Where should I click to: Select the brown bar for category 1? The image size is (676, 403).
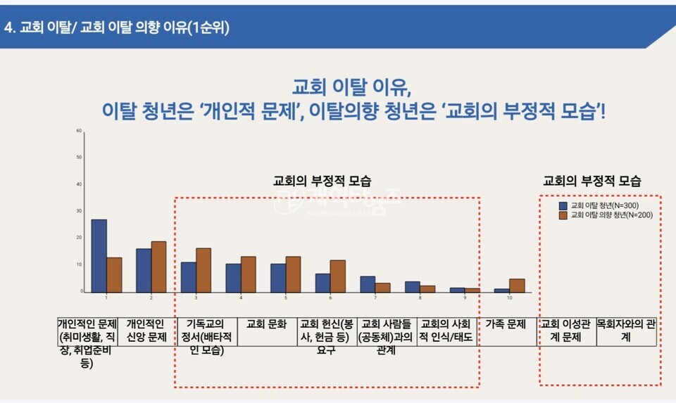[x=114, y=274]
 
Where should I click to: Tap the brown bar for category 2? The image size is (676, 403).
[x=159, y=267]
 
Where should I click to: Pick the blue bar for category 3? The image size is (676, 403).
[x=188, y=277]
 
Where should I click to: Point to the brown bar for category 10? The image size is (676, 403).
[x=517, y=285]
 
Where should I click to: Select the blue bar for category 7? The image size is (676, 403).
[x=368, y=284]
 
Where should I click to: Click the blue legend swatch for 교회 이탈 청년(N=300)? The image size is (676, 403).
[x=563, y=206]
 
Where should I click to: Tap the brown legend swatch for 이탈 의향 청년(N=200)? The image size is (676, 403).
[x=563, y=215]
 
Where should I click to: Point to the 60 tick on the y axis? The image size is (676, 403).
[x=80, y=131]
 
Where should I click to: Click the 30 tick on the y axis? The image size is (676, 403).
[x=80, y=211]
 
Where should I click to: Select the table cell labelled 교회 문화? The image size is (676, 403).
[x=267, y=325]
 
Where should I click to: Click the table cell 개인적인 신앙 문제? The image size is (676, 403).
[x=146, y=331]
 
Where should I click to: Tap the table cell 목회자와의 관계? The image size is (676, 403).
[x=626, y=331]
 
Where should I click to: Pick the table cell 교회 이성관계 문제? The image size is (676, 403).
[x=567, y=331]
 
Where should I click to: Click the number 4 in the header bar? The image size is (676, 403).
[x=8, y=27]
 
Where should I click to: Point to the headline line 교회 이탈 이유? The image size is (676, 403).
[x=351, y=88]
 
